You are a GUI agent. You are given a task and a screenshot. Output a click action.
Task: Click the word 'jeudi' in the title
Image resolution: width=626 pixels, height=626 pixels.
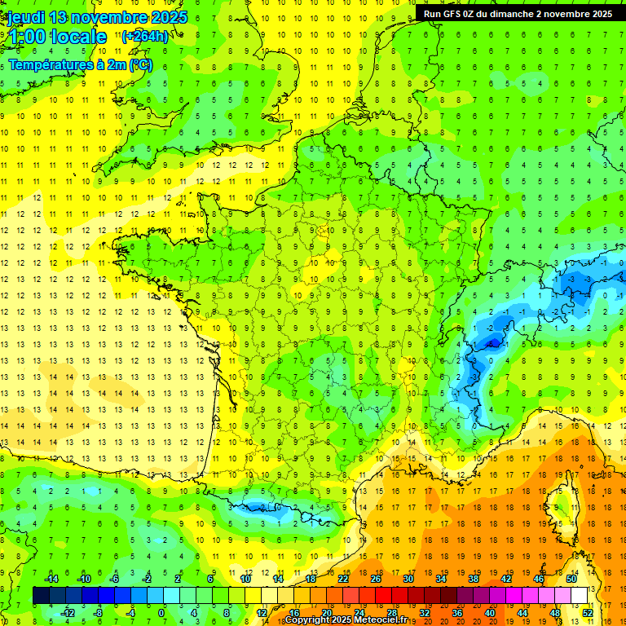25,17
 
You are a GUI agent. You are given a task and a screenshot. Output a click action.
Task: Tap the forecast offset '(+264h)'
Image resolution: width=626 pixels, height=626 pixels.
145,37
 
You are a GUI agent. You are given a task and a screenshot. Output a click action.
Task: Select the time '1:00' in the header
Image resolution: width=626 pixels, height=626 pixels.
26,37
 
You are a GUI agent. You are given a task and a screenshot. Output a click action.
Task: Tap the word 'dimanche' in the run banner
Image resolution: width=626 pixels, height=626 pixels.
516,14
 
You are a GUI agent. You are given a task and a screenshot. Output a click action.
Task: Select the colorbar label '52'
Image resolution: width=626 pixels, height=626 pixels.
588,613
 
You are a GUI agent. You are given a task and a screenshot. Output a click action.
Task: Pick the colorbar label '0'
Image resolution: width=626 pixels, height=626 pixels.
161,613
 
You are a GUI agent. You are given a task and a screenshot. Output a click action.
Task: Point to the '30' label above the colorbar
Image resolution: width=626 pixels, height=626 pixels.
408,579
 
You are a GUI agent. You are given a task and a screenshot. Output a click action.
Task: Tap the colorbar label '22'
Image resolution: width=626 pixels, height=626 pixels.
343,579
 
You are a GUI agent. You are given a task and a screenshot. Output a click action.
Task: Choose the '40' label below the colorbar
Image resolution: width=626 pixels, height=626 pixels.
490,613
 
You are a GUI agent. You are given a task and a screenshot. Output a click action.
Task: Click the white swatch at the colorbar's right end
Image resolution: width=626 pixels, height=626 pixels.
580,596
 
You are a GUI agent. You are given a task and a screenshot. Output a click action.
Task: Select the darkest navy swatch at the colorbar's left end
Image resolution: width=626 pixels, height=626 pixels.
41,596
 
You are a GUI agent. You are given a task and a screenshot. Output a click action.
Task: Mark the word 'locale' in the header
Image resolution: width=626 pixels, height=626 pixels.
78,37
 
